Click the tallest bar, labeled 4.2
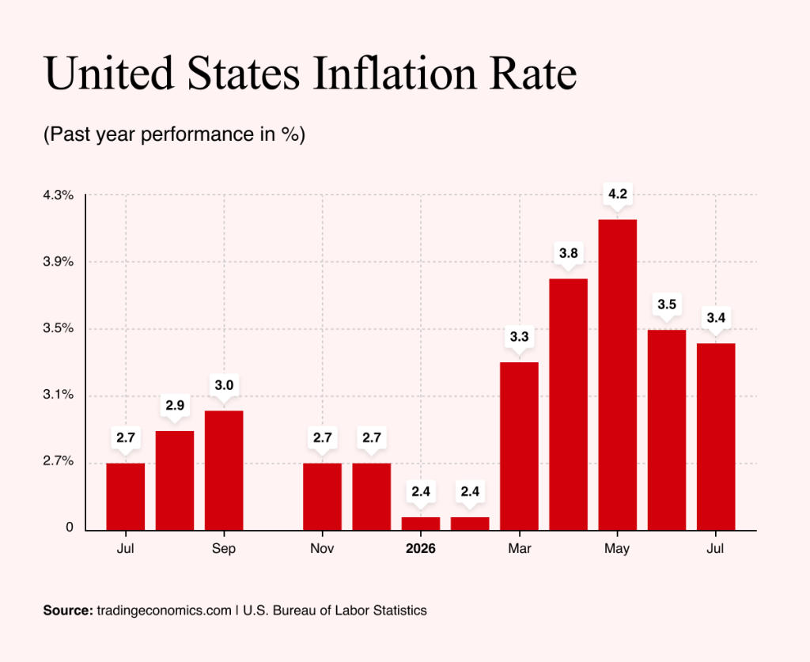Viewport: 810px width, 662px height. [617, 375]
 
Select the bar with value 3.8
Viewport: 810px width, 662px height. [568, 404]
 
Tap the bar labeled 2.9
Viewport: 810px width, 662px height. [175, 481]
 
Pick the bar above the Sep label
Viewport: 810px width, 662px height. [224, 471]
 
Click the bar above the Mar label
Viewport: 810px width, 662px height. [519, 446]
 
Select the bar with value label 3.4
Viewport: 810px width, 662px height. [716, 437]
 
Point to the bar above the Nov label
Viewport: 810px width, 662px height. [323, 497]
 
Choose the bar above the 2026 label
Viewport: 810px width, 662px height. [421, 524]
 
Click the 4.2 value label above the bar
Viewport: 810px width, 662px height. [617, 194]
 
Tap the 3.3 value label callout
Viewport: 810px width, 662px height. [519, 337]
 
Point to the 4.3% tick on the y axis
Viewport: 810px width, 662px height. [58, 195]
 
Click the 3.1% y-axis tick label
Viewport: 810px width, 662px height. [58, 395]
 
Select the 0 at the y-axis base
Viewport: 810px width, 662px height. [70, 528]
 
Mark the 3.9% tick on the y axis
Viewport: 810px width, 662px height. [58, 262]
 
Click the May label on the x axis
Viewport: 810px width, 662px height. [617, 548]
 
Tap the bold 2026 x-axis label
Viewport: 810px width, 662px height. [421, 548]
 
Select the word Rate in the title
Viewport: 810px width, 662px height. [533, 73]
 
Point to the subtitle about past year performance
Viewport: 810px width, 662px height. [174, 134]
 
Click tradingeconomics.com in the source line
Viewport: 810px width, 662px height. [164, 611]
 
